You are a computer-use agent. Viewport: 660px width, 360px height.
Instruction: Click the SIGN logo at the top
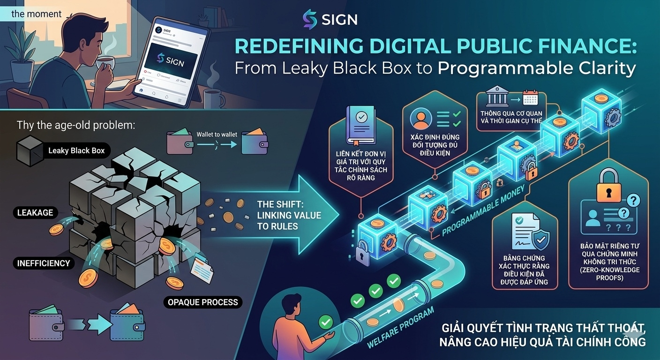330,19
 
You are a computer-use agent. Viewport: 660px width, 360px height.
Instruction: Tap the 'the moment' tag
37,14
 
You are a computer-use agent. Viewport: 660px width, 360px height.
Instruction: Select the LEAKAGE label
36,213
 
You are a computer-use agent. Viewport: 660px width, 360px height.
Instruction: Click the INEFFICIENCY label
44,263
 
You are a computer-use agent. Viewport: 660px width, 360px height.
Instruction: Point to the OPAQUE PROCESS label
203,302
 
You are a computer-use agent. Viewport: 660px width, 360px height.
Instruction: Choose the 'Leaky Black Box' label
76,151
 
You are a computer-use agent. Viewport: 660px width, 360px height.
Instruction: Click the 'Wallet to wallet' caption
217,135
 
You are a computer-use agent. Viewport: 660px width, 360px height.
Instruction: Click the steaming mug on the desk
213,98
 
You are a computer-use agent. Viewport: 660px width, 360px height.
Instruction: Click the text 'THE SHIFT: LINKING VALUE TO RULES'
289,215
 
